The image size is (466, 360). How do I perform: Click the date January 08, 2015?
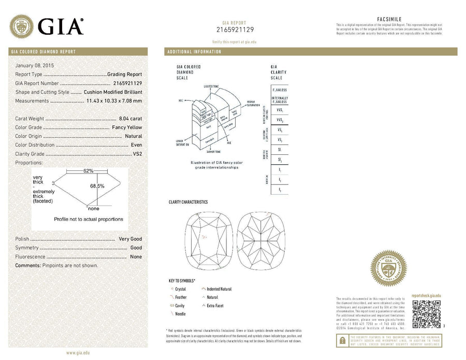pos(35,66)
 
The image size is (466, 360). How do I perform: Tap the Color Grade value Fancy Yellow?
pos(127,127)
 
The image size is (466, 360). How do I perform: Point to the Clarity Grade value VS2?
pos(137,154)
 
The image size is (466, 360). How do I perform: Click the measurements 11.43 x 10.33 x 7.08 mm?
pos(114,100)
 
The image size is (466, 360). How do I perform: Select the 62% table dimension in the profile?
pos(88,170)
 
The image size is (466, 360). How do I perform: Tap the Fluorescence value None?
pos(136,256)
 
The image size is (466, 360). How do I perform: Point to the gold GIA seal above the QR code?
pos(388,268)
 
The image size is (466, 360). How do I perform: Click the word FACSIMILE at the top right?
pos(389,19)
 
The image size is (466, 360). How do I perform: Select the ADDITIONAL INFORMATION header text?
pos(194,52)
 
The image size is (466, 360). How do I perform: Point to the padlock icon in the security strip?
pos(342,340)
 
